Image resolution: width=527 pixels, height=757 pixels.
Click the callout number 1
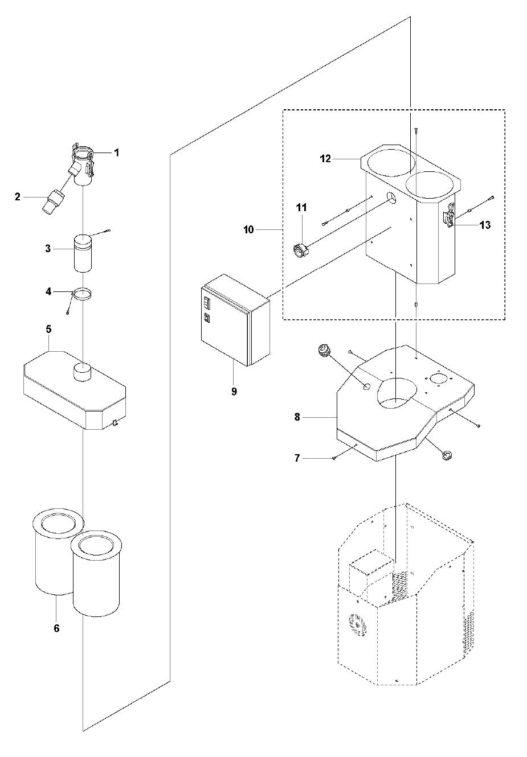pos(116,152)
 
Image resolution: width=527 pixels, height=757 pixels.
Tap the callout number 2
pos(18,197)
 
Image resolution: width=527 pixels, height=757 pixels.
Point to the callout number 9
pos(234,392)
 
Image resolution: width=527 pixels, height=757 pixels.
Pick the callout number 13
pos(485,225)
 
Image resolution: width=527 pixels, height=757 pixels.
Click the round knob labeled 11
pos(300,250)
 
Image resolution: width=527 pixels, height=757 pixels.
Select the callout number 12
pos(325,159)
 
